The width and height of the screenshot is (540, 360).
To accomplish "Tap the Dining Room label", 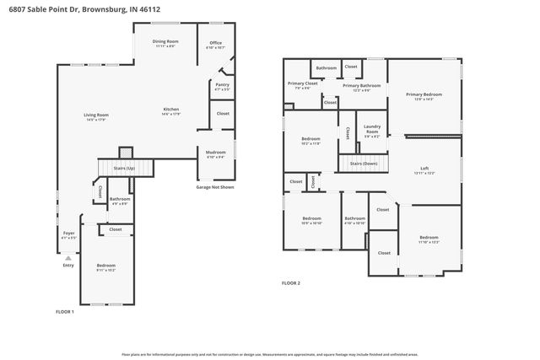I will (165, 41).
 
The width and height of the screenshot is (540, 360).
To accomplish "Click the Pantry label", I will (223, 85).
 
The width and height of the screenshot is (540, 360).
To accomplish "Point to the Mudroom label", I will (216, 152).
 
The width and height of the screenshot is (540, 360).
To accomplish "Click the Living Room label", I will (95, 115).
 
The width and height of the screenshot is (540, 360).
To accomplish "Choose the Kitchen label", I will (171, 110).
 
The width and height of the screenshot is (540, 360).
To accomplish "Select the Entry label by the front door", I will (68, 265).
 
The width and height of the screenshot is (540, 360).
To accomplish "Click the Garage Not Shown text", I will (215, 186).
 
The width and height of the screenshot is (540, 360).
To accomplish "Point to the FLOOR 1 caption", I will (65, 312).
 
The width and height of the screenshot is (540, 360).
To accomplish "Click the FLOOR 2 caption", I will (291, 283).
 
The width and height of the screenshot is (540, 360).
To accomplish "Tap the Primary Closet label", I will (302, 83).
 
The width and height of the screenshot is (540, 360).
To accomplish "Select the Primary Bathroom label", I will (361, 85).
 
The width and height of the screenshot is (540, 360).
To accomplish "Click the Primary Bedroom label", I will (424, 94).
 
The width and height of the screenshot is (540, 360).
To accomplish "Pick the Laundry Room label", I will (371, 129).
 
